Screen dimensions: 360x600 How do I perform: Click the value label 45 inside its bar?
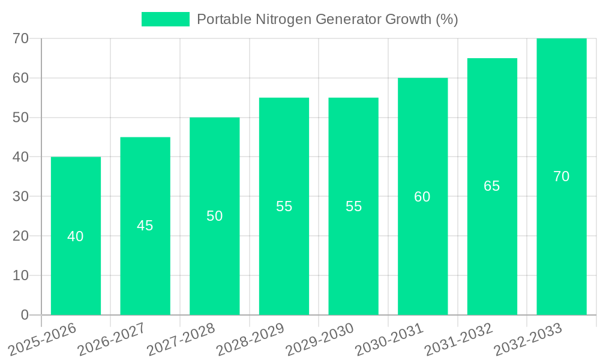(x=145, y=226)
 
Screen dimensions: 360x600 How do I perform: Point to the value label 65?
(x=491, y=186)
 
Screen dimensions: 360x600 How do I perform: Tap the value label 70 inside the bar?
(x=561, y=176)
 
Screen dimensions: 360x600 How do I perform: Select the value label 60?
(x=422, y=197)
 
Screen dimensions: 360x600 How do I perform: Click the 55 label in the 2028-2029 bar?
(x=284, y=206)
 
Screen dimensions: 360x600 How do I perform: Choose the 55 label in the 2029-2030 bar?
(x=353, y=206)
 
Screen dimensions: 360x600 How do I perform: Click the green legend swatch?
(x=165, y=19)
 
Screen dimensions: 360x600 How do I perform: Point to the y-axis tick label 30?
(x=20, y=196)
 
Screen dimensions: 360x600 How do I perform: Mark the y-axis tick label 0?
(x=25, y=315)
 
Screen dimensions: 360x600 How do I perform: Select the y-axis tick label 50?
(x=20, y=117)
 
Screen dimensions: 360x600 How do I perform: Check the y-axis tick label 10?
(x=20, y=275)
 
